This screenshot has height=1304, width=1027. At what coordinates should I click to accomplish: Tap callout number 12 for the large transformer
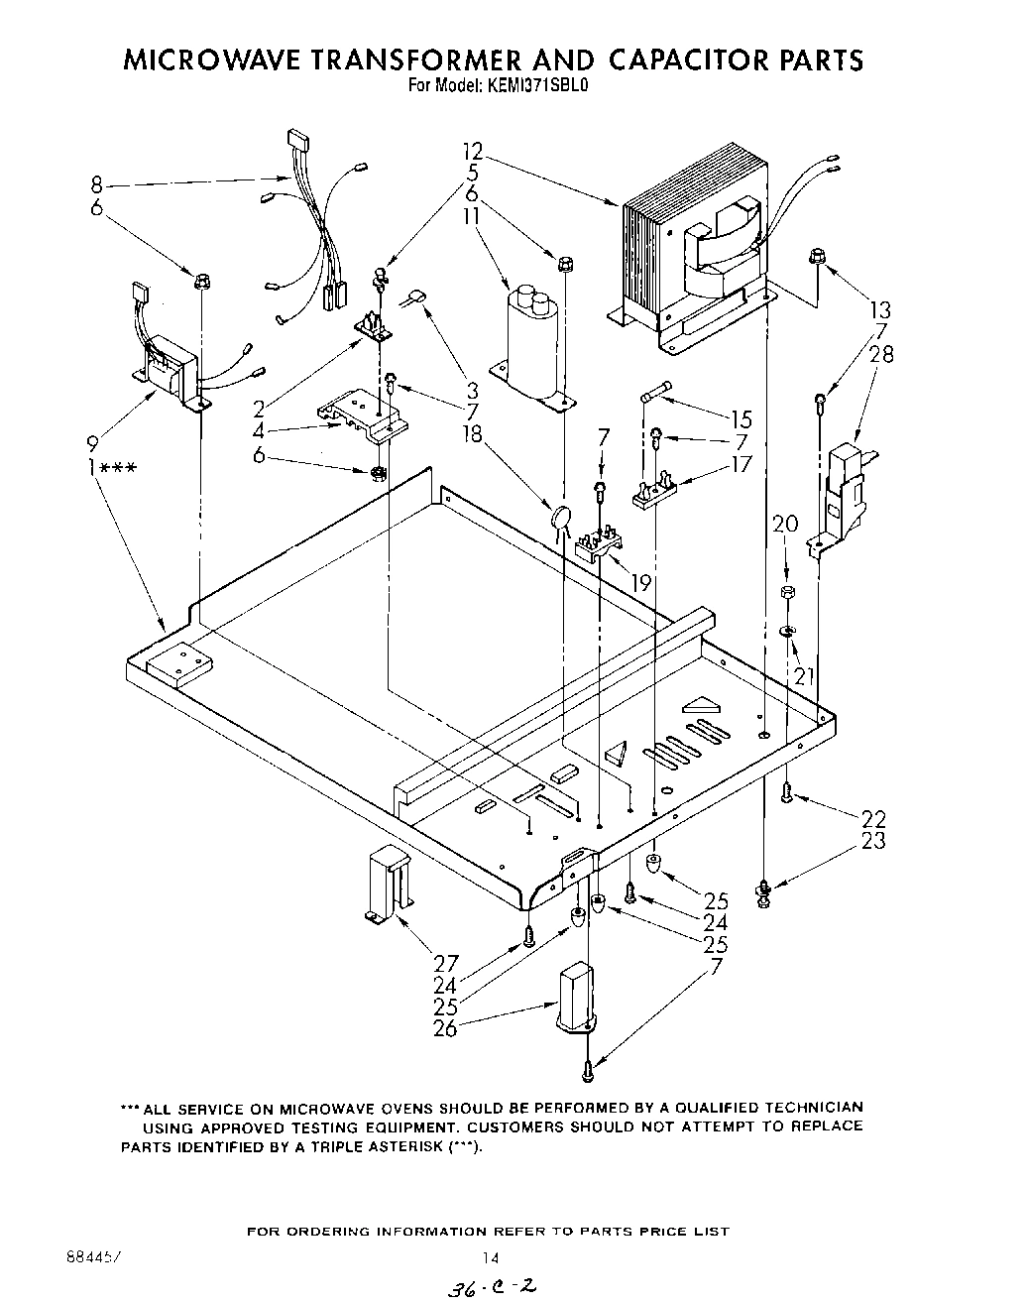[x=472, y=152]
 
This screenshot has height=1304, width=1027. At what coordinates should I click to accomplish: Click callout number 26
[x=445, y=1028]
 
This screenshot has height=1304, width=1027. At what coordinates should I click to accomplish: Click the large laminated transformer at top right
[x=689, y=263]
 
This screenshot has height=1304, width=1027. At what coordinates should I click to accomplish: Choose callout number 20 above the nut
[x=784, y=525]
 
